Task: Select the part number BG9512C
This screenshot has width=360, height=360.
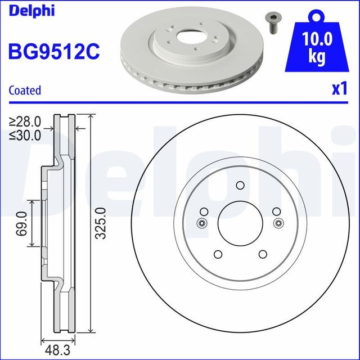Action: (x=54, y=52)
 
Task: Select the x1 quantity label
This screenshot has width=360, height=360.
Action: (x=338, y=89)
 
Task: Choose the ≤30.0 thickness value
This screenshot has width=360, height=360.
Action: (x=25, y=135)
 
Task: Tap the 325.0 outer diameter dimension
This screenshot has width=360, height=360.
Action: (x=100, y=223)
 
